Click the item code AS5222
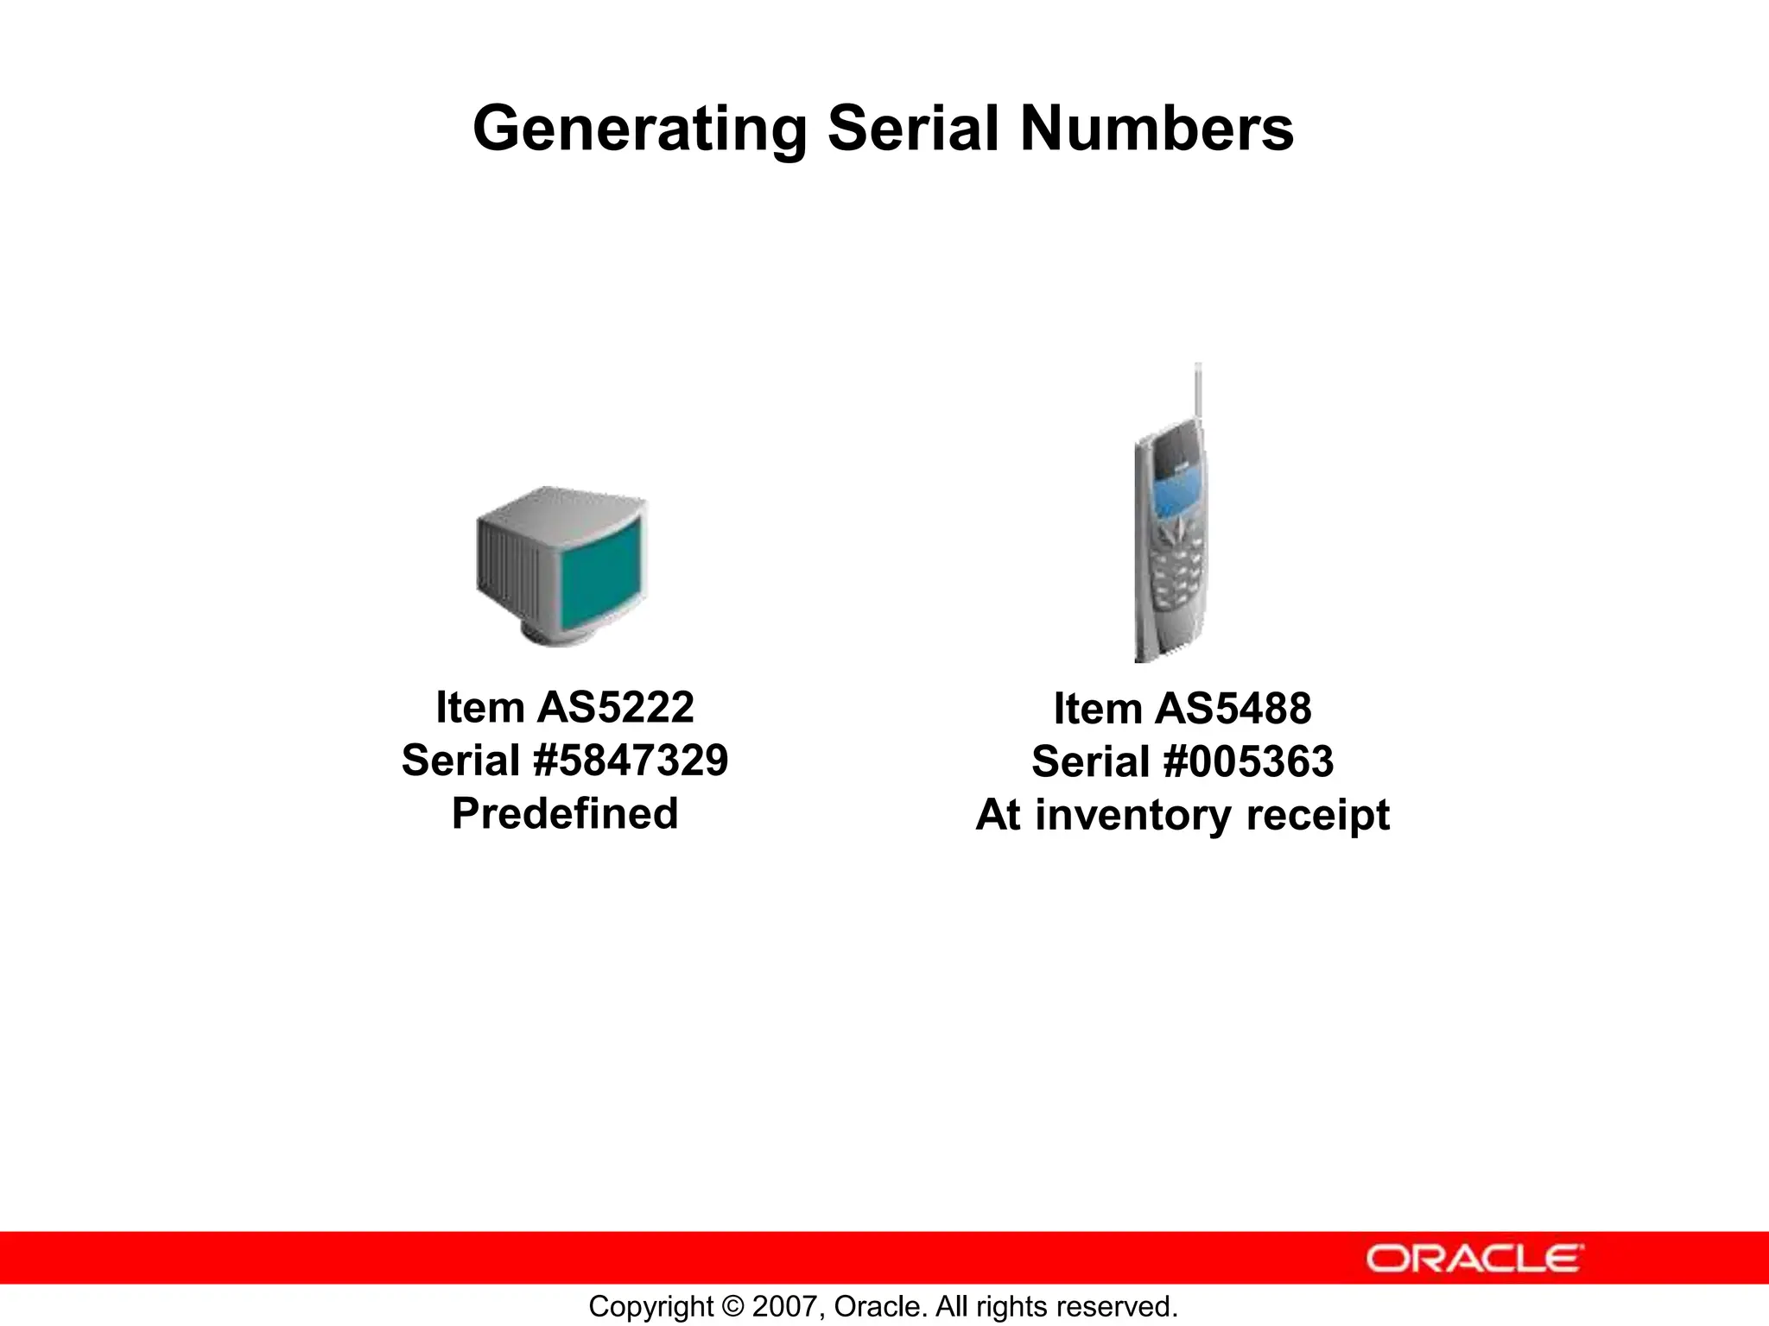pyautogui.click(x=615, y=708)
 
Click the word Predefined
pyautogui.click(x=565, y=813)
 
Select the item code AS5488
pyautogui.click(x=1233, y=710)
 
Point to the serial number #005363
pyautogui.click(x=1248, y=762)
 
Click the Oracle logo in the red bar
pyautogui.click(x=1474, y=1258)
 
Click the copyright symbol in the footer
pyautogui.click(x=730, y=1306)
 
